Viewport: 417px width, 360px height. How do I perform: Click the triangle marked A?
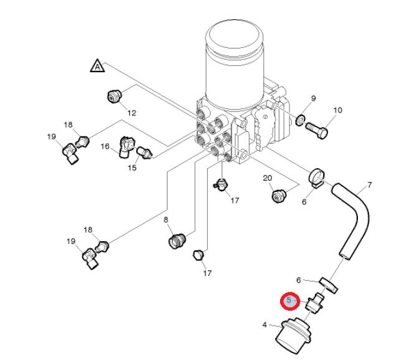[98, 66]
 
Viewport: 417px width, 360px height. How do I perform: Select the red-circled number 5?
[289, 301]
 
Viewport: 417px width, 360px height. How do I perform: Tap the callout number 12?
[132, 113]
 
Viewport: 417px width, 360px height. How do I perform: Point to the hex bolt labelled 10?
[317, 130]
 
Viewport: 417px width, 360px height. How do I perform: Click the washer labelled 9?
[301, 120]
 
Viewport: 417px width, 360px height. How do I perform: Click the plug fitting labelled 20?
[278, 196]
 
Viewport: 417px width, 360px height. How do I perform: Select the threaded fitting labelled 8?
[177, 240]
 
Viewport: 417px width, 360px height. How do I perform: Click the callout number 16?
[105, 146]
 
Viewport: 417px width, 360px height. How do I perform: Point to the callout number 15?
[132, 168]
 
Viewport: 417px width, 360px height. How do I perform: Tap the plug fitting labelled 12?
[114, 96]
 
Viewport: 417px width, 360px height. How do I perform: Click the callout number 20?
[268, 178]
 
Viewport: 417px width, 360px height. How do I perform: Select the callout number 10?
[338, 110]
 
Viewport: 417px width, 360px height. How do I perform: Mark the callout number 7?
[370, 184]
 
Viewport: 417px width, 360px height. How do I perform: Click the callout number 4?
[265, 324]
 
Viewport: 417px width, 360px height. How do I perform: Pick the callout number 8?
[166, 219]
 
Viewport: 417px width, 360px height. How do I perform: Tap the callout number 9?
[314, 98]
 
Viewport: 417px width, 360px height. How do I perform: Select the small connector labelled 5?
[315, 303]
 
